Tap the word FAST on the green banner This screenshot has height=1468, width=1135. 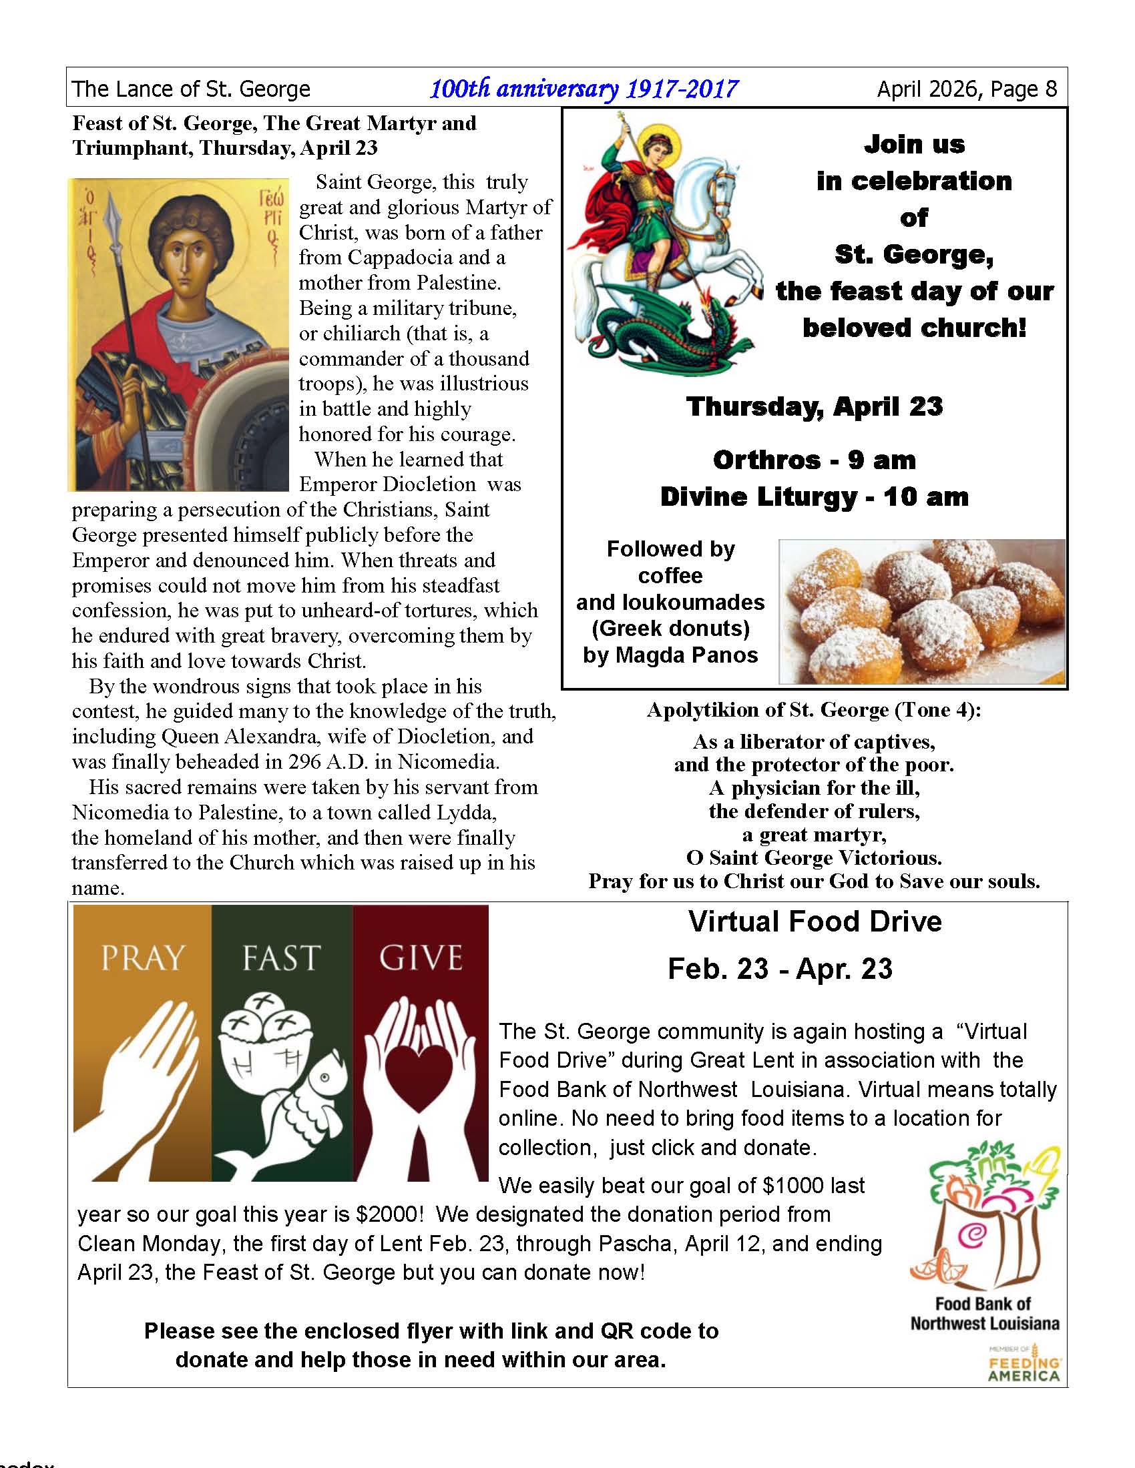[281, 958]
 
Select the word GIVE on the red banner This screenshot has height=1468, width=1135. [421, 958]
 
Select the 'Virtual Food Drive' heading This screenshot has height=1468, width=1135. [815, 922]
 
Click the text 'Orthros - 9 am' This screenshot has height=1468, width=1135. [815, 460]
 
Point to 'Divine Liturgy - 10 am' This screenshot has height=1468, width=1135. [815, 497]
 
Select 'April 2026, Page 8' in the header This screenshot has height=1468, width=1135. [967, 89]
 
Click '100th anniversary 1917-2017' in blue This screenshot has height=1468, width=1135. [584, 89]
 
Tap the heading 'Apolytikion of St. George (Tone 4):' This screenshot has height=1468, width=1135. [815, 710]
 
